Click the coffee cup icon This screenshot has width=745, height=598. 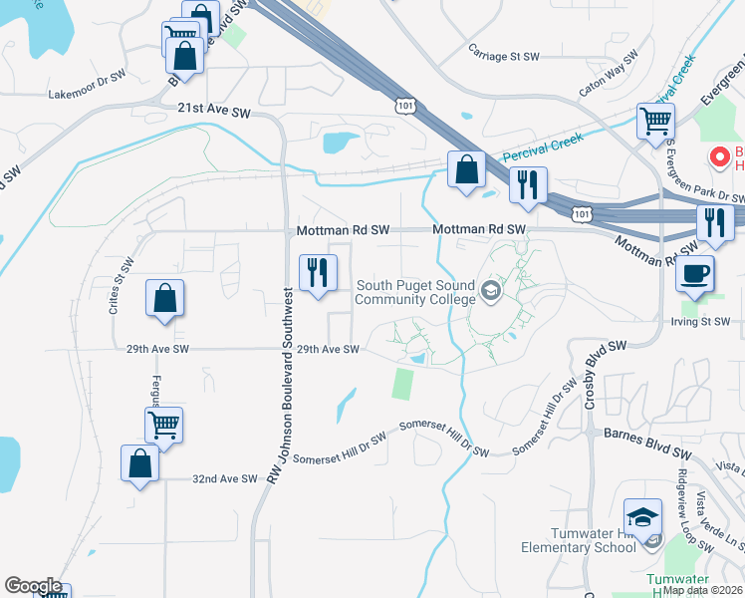click(x=693, y=273)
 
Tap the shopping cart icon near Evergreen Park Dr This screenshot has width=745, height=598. click(x=655, y=122)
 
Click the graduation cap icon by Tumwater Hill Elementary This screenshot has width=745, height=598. click(x=642, y=518)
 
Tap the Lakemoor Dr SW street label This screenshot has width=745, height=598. click(x=87, y=95)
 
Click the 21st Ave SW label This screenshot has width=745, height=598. click(x=214, y=112)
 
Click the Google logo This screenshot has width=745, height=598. click(x=33, y=586)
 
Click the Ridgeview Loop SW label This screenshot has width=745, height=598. click(x=694, y=509)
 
